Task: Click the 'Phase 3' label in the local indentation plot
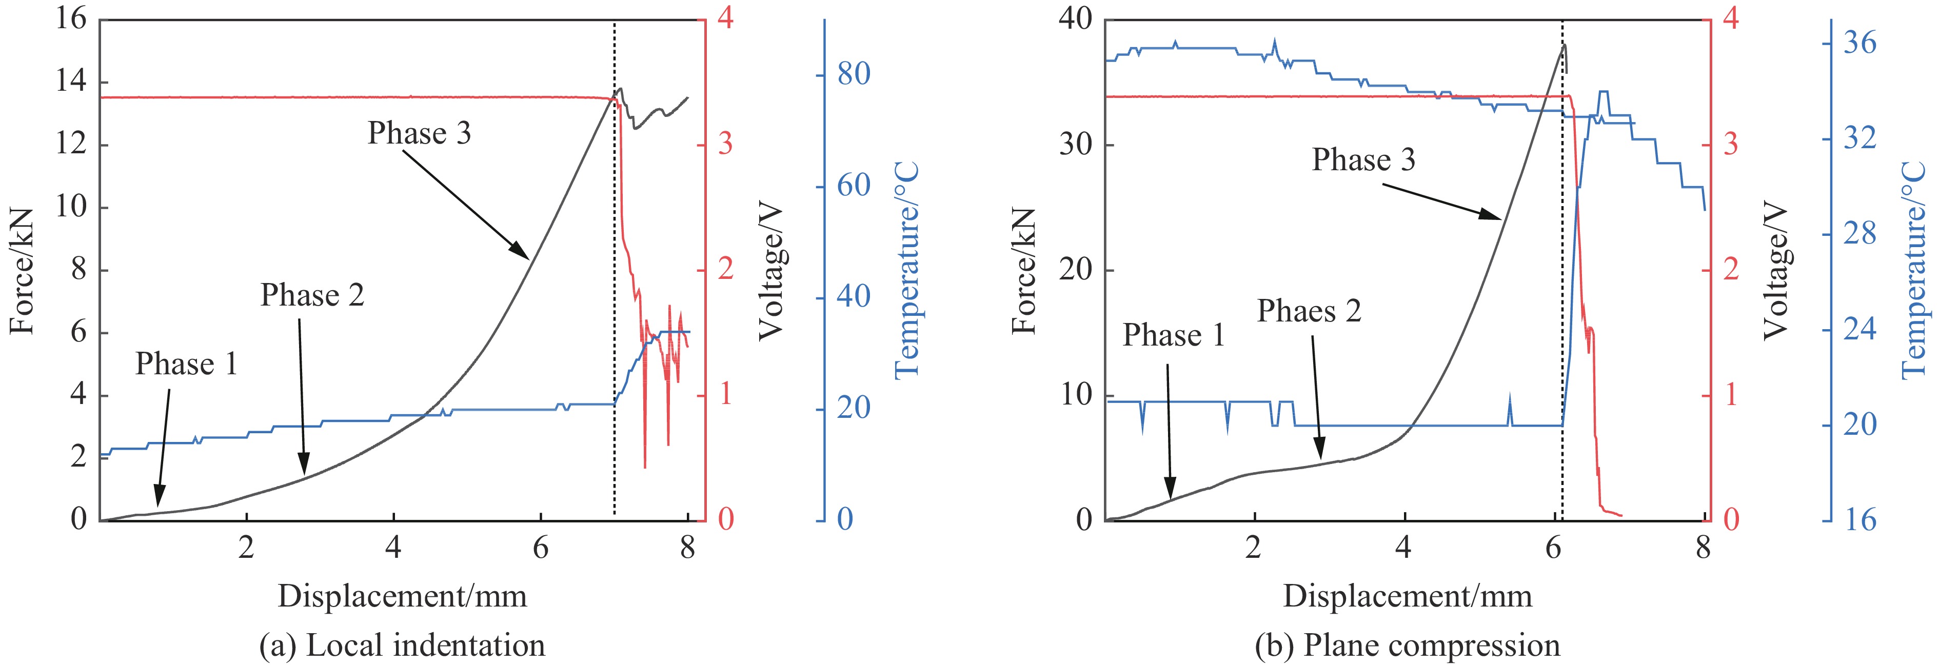tap(419, 133)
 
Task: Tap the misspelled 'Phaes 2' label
tap(1309, 311)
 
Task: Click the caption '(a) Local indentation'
tap(402, 645)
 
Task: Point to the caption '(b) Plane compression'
tap(1407, 645)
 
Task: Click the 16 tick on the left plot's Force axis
tap(71, 19)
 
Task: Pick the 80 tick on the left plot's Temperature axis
tap(854, 74)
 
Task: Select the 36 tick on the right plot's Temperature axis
tap(1859, 44)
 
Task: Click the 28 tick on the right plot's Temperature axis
tap(1859, 234)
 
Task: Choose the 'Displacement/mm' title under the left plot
tap(402, 596)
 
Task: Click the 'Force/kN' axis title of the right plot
tap(1024, 271)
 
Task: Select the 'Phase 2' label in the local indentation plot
tap(312, 295)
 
